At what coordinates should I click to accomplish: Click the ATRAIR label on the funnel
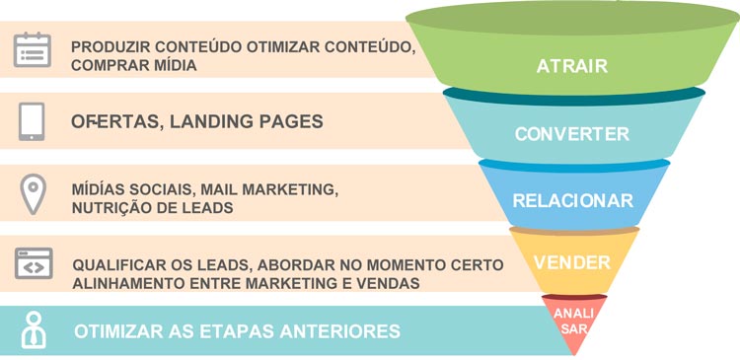(572, 67)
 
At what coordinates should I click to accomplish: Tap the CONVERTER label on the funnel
(571, 134)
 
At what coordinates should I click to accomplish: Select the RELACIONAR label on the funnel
(572, 201)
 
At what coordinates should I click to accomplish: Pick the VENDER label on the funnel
(571, 263)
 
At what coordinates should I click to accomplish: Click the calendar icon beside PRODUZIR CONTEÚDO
(33, 49)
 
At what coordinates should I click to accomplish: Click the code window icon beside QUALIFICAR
(33, 264)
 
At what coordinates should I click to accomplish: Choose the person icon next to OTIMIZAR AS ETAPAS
(34, 329)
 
